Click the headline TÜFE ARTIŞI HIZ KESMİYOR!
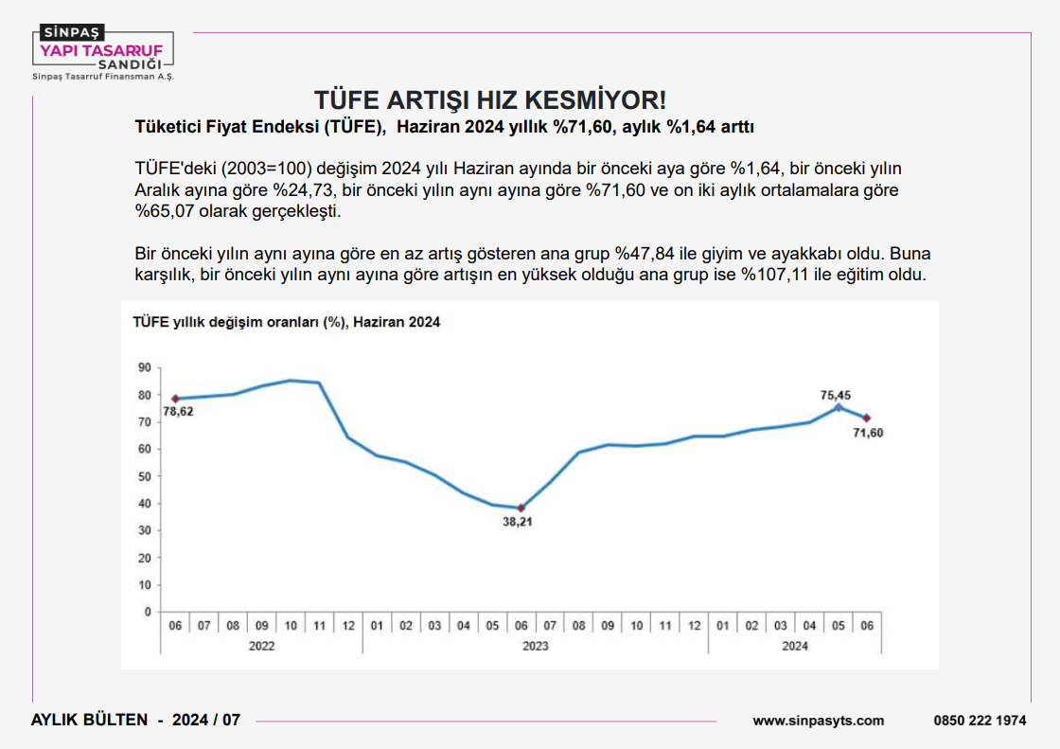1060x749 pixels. click(490, 100)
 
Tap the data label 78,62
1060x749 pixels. click(180, 412)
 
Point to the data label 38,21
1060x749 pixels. click(520, 522)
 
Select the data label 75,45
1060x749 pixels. click(837, 396)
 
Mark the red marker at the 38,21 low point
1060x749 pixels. click(521, 508)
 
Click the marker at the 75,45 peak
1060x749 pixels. click(838, 407)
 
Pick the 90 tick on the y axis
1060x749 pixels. click(144, 367)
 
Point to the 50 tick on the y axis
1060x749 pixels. click(144, 476)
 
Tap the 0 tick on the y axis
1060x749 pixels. click(148, 612)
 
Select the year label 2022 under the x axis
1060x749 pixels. click(262, 646)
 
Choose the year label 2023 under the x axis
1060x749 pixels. click(535, 646)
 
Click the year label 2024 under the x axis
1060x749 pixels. click(795, 646)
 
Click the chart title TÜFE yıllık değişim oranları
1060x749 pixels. click(285, 322)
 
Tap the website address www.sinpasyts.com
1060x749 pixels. click(819, 721)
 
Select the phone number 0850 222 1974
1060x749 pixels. click(980, 721)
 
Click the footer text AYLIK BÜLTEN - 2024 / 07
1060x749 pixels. click(136, 720)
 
